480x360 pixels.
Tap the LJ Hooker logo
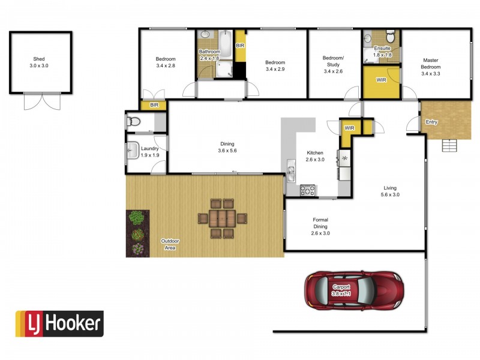59,324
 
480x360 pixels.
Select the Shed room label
39,59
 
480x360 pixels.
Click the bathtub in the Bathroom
226,44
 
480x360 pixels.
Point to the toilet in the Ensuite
391,37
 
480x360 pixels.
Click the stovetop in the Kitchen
307,190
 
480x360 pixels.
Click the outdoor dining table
222,218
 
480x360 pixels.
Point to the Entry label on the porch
431,122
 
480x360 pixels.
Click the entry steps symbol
449,145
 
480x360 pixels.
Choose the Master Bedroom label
431,64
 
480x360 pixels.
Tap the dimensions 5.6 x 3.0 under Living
390,194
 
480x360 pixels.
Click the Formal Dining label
320,223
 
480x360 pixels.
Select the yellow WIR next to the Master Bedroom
382,82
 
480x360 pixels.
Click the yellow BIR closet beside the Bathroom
241,46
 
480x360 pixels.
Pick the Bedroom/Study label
334,61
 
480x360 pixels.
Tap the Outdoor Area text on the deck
170,244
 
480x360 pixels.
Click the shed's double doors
42,101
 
